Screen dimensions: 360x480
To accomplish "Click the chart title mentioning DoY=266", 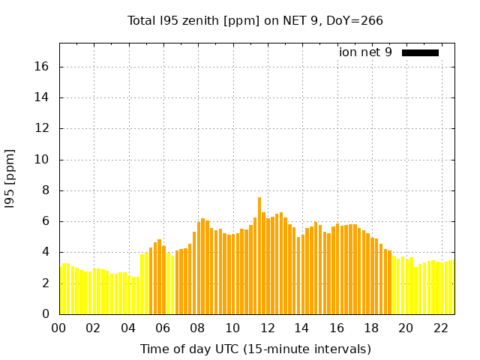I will click(255, 20).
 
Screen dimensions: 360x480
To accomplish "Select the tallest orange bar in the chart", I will click(259, 255).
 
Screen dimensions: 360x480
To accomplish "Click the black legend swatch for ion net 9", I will click(420, 52).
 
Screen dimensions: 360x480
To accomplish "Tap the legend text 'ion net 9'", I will click(365, 52).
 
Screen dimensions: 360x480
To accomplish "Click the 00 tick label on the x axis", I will click(59, 328).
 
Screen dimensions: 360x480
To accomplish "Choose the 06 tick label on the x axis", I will click(163, 328).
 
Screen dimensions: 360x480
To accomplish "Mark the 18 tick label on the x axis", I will click(371, 328).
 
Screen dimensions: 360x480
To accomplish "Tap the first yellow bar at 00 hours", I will click(61, 289).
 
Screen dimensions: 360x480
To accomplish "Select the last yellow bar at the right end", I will click(451, 287).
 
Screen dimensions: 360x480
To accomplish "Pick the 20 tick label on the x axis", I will click(406, 328).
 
